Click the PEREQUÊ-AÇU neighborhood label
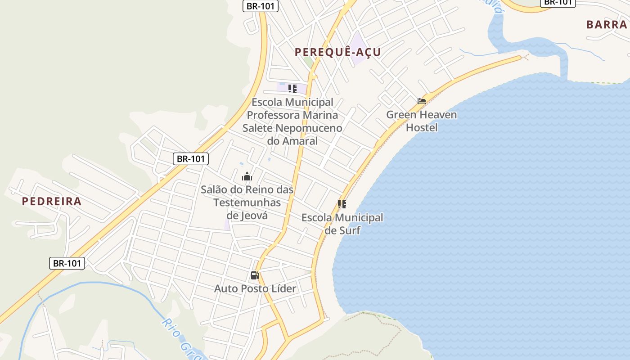[337, 52]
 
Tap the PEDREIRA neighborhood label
[52, 202]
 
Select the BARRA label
[607, 25]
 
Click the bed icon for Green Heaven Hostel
[422, 101]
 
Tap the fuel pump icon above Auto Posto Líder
[255, 275]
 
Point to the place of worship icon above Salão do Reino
[247, 176]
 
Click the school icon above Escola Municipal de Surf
[342, 204]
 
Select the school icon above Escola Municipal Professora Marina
[292, 89]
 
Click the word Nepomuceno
[309, 128]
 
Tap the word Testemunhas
[247, 202]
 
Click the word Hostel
[422, 128]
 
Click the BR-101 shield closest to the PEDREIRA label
[67, 263]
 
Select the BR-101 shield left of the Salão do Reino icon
[191, 158]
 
